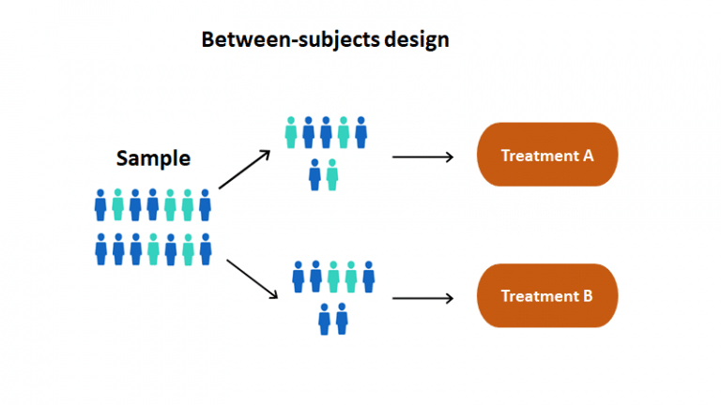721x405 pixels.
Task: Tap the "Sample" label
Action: (153, 158)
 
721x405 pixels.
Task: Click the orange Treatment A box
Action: (547, 155)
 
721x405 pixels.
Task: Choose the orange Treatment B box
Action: (547, 295)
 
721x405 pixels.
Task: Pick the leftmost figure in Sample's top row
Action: (100, 204)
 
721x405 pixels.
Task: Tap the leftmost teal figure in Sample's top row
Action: (117, 204)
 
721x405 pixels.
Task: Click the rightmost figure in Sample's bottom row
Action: (205, 248)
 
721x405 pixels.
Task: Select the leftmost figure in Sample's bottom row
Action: (100, 248)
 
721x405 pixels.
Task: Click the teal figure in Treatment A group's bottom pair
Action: (332, 174)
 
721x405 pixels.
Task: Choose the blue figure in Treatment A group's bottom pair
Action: (315, 174)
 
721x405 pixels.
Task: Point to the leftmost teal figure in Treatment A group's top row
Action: (291, 132)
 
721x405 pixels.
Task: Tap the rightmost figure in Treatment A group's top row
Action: (360, 132)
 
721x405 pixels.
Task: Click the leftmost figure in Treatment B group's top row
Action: (299, 277)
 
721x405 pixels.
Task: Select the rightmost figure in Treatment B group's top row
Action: (368, 277)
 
